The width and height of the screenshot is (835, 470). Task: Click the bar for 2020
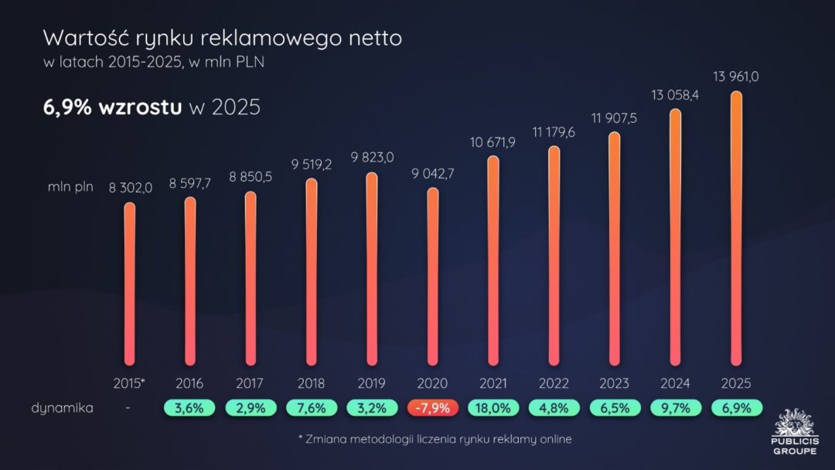tap(433, 276)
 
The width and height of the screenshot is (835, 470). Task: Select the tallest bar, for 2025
tap(736, 228)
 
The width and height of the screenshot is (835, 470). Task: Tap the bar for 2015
tap(129, 284)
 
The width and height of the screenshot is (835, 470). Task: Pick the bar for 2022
tap(554, 255)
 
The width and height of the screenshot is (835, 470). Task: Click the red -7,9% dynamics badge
tap(433, 407)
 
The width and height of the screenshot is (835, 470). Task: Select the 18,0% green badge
tap(493, 407)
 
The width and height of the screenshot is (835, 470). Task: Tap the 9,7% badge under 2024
tap(675, 407)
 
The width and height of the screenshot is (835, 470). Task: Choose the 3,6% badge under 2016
tap(189, 407)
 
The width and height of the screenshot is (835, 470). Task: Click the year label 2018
tap(311, 383)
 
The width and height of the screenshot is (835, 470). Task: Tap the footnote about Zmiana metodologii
tap(435, 439)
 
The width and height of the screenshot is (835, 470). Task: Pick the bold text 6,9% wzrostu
tap(112, 107)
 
